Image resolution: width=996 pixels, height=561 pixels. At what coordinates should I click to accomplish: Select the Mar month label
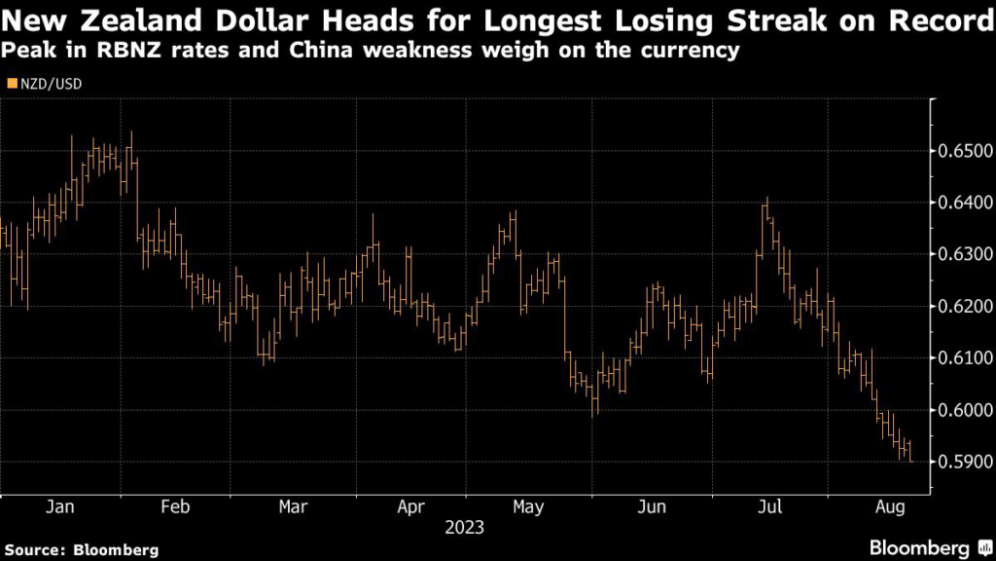click(293, 506)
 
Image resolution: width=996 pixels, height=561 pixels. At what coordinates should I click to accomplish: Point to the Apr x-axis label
click(411, 506)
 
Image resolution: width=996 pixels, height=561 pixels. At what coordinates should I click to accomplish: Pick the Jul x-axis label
click(769, 506)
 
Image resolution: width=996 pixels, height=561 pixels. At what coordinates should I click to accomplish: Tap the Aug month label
click(889, 506)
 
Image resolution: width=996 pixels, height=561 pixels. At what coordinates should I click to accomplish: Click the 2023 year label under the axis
click(465, 528)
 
